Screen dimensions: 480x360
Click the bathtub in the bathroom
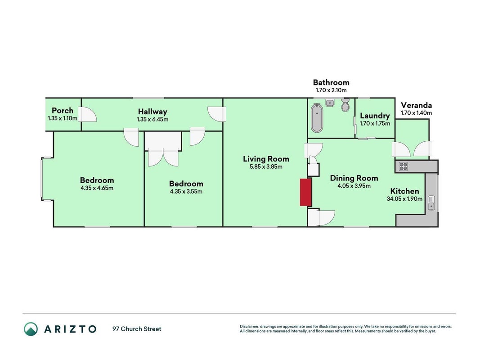[x=317, y=118]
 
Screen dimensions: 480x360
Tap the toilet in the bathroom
[x=345, y=105]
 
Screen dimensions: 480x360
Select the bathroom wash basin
[x=330, y=103]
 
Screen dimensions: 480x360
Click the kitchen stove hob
[x=404, y=166]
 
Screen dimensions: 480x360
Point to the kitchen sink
[x=431, y=202]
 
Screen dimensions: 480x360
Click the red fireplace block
[x=305, y=192]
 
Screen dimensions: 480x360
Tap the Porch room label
[x=63, y=111]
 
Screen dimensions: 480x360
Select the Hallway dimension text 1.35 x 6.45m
[x=153, y=119]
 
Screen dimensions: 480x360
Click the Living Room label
[x=266, y=159]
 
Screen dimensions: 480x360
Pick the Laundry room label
[x=375, y=116]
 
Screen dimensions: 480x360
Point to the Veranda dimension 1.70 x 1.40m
[x=416, y=113]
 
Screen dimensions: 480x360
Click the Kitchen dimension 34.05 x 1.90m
[x=404, y=198]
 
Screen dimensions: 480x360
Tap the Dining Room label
[x=354, y=178]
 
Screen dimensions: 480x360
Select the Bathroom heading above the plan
[x=331, y=82]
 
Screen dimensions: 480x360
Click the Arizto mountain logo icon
[x=31, y=329]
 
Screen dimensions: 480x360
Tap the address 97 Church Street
[x=137, y=329]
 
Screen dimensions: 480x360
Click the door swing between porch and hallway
[x=88, y=114]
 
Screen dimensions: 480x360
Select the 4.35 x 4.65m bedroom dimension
[x=97, y=188]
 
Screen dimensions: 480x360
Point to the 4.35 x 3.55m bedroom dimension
[x=186, y=192]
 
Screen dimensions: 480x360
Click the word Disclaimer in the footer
[x=249, y=327]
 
